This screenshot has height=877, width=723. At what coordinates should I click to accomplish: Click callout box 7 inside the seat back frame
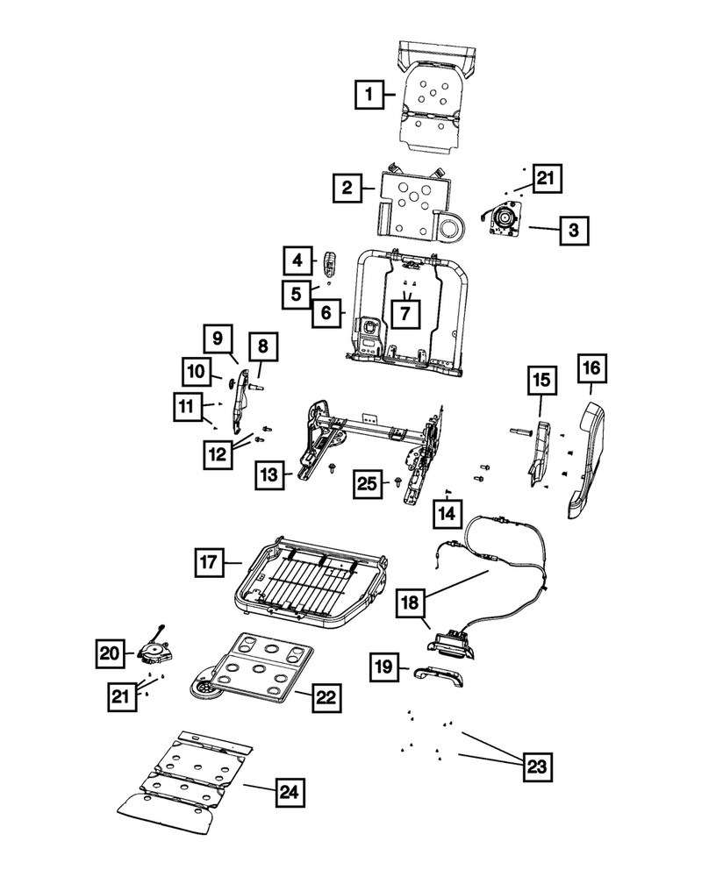405,311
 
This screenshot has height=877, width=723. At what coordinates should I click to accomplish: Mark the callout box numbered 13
269,475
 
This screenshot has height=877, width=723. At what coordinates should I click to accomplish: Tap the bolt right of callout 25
400,481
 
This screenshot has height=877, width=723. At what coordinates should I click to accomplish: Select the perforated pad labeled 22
254,671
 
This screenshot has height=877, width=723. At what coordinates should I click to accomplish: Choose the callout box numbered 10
197,372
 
